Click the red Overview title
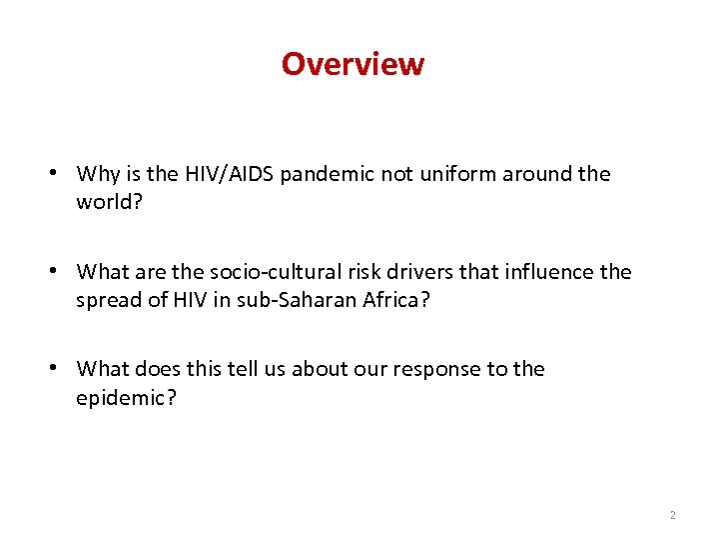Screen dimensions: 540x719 [353, 64]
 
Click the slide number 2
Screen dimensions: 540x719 [672, 515]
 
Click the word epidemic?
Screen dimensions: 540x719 [123, 397]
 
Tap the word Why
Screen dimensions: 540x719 [98, 174]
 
